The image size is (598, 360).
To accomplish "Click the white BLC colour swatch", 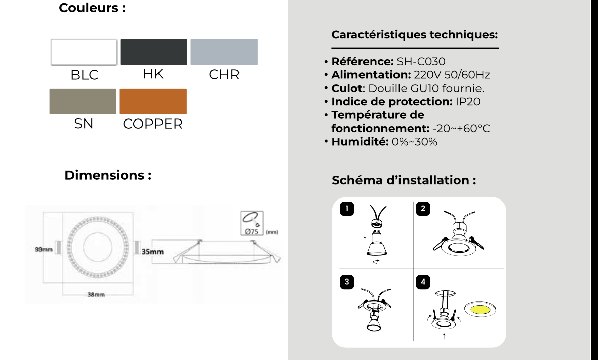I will pyautogui.click(x=84, y=52).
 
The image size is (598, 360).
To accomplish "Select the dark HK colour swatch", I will pyautogui.click(x=153, y=52).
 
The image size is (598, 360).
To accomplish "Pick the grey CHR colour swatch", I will pyautogui.click(x=224, y=52).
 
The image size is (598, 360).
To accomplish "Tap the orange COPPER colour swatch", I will pyautogui.click(x=153, y=101).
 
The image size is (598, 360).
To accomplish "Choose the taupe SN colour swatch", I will pyautogui.click(x=83, y=101).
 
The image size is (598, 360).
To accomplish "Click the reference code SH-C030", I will pyautogui.click(x=421, y=62).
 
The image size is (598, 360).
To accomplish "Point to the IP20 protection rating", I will pyautogui.click(x=468, y=101).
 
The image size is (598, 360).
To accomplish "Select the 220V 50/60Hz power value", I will pyautogui.click(x=452, y=75).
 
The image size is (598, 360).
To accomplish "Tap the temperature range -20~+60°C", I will pyautogui.click(x=461, y=129).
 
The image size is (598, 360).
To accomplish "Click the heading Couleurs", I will pyautogui.click(x=92, y=8).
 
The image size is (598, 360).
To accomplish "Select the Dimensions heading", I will pyautogui.click(x=108, y=175).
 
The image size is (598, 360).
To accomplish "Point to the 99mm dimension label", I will pyautogui.click(x=44, y=250).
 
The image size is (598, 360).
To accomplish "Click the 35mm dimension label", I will pyautogui.click(x=153, y=252).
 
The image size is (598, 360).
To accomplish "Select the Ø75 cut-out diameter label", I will pyautogui.click(x=252, y=232).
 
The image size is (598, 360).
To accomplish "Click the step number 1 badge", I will pyautogui.click(x=346, y=208).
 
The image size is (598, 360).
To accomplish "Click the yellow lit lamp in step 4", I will pyautogui.click(x=480, y=310).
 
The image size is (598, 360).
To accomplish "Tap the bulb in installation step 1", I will pyautogui.click(x=376, y=245).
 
